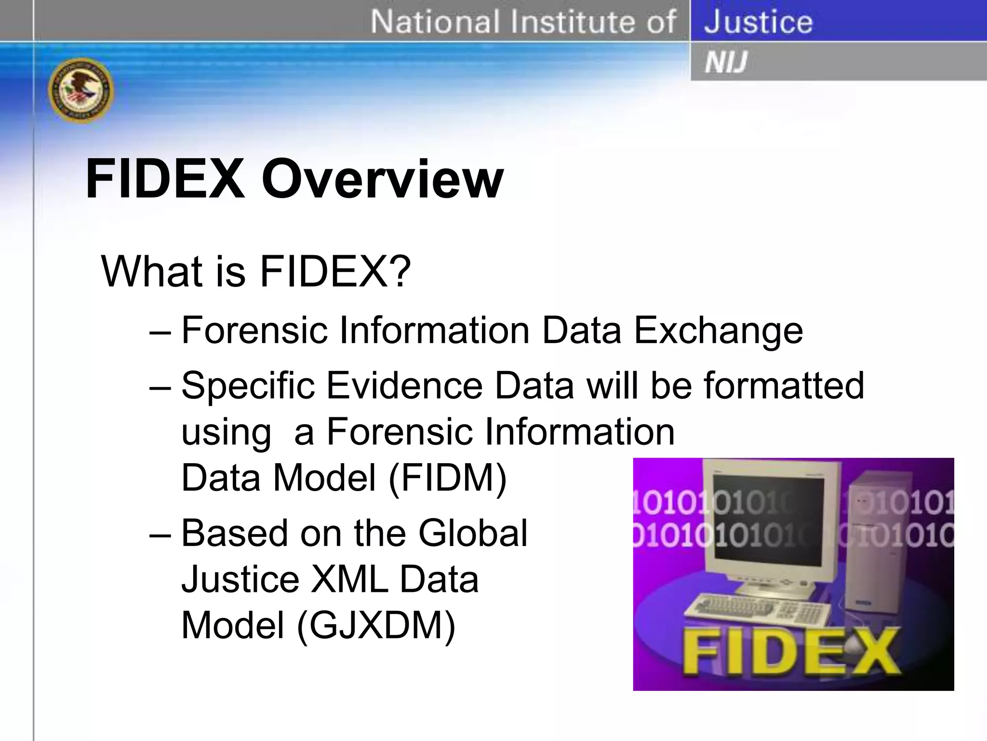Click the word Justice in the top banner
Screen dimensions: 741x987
(x=758, y=22)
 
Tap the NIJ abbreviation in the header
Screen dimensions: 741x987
(x=726, y=62)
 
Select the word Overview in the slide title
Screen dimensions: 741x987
(x=382, y=179)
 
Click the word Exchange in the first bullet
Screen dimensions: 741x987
(x=718, y=330)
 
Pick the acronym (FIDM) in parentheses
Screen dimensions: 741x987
(x=447, y=478)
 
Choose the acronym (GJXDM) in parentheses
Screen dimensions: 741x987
(x=376, y=626)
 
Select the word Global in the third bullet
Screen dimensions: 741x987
(x=473, y=533)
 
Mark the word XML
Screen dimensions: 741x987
(x=349, y=579)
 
